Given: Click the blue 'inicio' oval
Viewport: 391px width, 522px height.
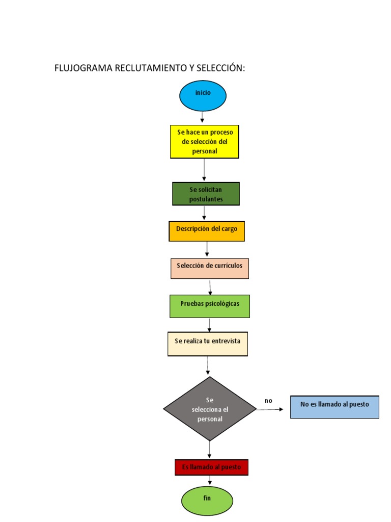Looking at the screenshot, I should point(203,96).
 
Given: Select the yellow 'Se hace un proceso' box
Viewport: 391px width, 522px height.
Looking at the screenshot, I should point(204,142).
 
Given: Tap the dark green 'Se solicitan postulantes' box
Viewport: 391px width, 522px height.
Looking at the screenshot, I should point(206,194).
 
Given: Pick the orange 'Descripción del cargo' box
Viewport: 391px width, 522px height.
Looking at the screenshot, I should point(207,231).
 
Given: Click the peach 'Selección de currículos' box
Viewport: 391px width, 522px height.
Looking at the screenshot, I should point(210,268).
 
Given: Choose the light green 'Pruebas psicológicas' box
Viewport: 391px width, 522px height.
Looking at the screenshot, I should point(210,306).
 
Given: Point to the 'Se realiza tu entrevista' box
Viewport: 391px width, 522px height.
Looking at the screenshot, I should point(208,344).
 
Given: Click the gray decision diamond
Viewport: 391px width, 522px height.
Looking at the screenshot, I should point(210,409).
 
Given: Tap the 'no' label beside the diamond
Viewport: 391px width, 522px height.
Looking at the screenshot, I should point(268,401).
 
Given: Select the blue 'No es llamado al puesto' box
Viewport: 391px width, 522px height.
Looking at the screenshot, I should point(334,407).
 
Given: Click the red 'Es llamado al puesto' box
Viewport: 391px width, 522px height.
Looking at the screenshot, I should point(211,467).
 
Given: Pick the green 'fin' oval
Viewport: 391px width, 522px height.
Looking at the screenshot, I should point(207,501).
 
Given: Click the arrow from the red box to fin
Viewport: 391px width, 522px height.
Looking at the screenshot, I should point(210,480).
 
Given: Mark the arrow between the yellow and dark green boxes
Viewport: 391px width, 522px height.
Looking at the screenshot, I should point(204,170).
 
